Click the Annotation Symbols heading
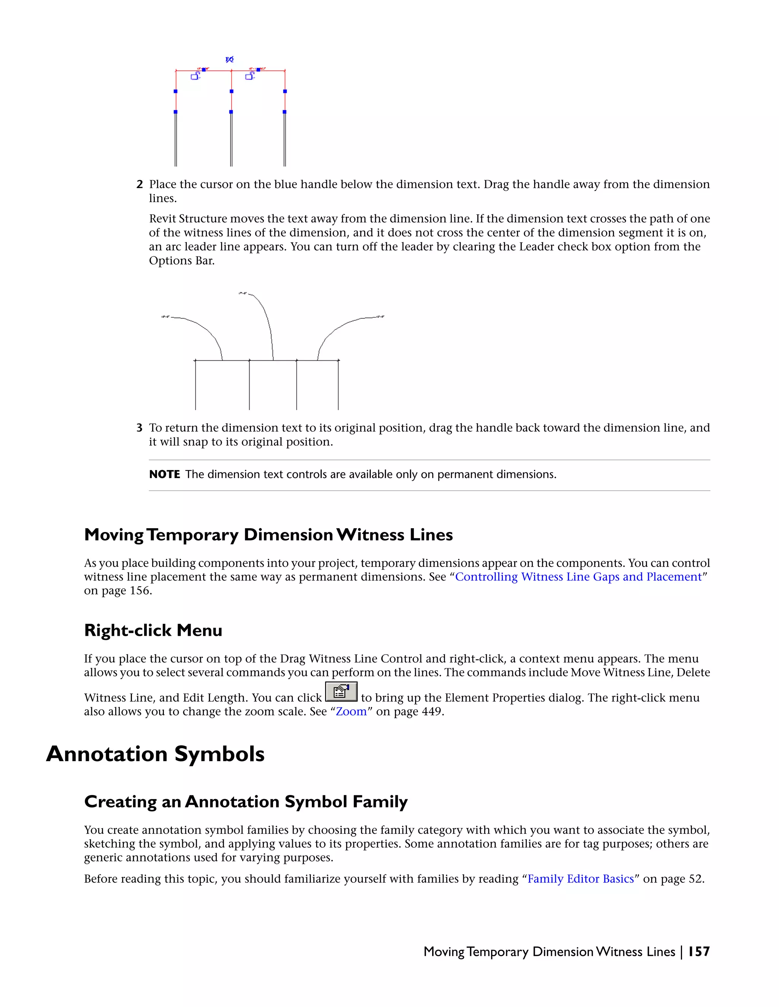point(155,754)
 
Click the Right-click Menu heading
point(153,630)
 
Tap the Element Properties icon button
point(341,692)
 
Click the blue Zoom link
point(351,711)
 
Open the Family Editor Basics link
point(580,879)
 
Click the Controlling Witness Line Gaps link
point(578,577)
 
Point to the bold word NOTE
point(164,475)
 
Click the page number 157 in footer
point(699,952)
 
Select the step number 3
point(139,428)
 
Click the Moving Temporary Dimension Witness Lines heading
point(268,535)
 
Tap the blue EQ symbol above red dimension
point(229,60)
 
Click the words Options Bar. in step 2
point(181,261)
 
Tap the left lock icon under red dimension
point(195,76)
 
